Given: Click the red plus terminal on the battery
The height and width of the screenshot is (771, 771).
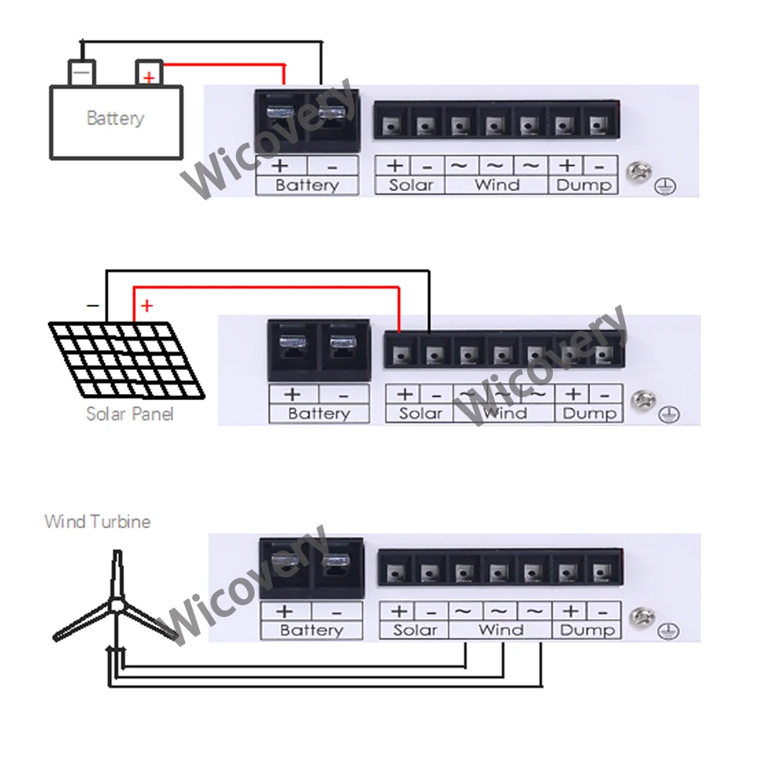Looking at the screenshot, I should click(148, 75).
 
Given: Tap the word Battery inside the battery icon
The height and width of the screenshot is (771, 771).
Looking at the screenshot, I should click(116, 119).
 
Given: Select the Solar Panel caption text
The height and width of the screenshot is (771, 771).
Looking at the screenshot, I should click(130, 414).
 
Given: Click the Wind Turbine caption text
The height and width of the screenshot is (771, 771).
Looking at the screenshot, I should click(97, 522).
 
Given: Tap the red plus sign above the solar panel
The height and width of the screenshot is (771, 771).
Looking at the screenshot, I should click(146, 307).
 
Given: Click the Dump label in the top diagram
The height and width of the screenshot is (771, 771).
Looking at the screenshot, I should click(583, 185).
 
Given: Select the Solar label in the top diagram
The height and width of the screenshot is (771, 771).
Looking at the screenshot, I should click(411, 185).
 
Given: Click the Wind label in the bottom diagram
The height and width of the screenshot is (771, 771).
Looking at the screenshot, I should click(501, 631).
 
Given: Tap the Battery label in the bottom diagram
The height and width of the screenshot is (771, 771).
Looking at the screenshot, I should click(311, 631).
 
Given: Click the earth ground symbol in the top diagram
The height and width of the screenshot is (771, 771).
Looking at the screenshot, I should click(661, 187).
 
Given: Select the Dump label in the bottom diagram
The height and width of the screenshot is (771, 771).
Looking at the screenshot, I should click(588, 631).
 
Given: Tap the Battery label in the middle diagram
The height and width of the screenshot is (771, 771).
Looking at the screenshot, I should click(318, 414).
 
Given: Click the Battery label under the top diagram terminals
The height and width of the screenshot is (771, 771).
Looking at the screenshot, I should click(307, 185).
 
